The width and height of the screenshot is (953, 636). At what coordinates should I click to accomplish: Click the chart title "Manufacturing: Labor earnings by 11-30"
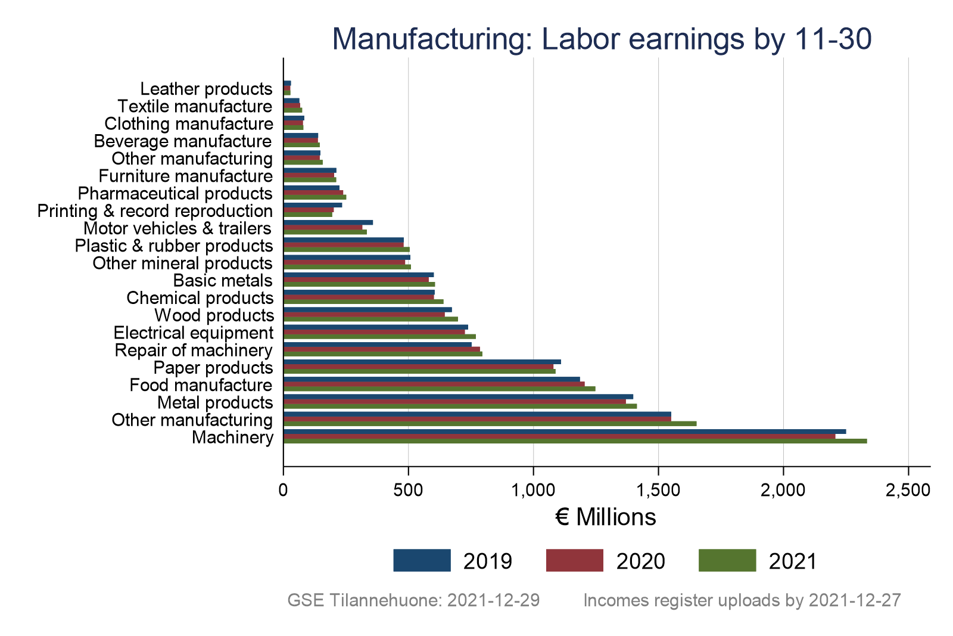tap(602, 39)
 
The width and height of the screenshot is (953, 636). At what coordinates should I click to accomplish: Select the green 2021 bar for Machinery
tap(575, 441)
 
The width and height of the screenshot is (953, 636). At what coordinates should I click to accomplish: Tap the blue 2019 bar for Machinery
tap(565, 432)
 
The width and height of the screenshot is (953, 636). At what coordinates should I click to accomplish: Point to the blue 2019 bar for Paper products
tap(422, 362)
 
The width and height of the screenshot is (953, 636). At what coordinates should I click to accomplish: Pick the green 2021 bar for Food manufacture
tap(439, 389)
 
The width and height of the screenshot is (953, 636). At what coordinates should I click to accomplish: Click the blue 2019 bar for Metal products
tap(458, 396)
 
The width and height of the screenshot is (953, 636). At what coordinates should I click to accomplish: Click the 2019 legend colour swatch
tap(422, 561)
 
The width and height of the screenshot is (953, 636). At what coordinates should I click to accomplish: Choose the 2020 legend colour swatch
tap(574, 561)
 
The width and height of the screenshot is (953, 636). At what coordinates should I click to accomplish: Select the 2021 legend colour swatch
tap(727, 561)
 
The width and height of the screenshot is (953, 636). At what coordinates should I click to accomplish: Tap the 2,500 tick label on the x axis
tap(908, 490)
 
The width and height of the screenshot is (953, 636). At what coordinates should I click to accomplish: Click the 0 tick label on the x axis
tap(284, 490)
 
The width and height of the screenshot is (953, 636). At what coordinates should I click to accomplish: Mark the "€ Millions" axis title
tap(605, 517)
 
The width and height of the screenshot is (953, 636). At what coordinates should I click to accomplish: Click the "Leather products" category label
tap(206, 89)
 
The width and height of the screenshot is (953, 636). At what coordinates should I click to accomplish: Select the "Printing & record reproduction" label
tap(155, 211)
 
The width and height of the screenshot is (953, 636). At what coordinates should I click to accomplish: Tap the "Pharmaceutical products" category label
tap(175, 194)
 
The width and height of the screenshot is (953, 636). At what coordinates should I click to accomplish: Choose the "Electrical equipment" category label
tap(194, 333)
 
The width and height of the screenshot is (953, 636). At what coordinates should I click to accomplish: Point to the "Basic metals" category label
tap(223, 281)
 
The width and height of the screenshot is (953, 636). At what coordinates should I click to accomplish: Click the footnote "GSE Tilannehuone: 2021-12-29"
tap(413, 600)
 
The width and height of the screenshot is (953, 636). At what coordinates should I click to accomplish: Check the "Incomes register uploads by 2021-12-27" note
tap(742, 600)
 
